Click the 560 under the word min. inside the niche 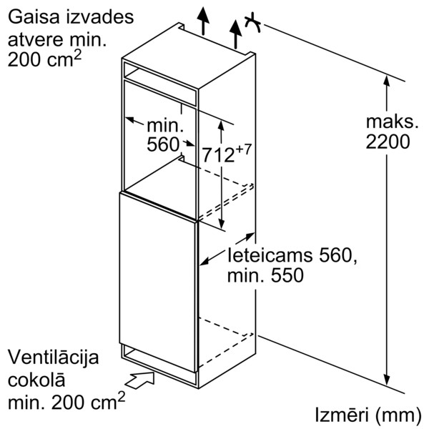(163, 145)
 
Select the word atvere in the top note (31, 39)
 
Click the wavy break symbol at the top (252, 22)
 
